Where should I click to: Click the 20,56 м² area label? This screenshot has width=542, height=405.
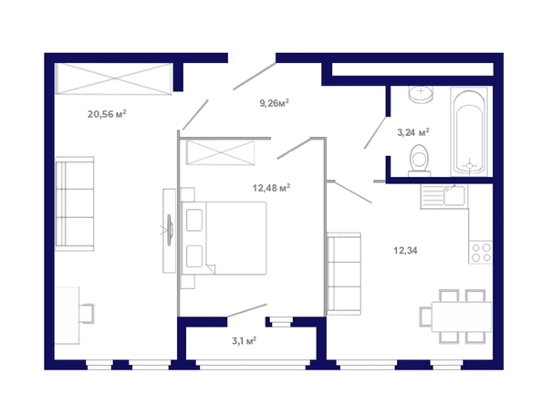click(107, 114)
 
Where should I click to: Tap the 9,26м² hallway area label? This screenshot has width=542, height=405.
click(274, 103)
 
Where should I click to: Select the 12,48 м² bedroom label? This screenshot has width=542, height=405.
click(271, 188)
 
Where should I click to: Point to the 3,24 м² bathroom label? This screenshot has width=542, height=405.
click(413, 132)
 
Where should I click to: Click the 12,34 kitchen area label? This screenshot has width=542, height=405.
click(405, 250)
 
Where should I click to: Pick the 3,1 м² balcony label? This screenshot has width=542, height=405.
click(244, 341)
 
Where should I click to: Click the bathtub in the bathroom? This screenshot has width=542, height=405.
click(469, 131)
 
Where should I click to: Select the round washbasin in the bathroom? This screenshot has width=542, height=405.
click(421, 93)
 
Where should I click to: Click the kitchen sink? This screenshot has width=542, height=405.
click(454, 196)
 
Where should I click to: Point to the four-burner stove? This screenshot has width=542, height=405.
click(481, 253)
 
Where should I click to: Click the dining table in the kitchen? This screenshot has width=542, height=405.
click(462, 317)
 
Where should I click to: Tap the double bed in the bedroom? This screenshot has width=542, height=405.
click(224, 238)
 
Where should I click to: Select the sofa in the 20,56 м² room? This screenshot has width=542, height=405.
click(75, 203)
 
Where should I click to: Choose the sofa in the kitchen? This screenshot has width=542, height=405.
click(344, 274)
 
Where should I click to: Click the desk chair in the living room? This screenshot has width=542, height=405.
click(87, 314)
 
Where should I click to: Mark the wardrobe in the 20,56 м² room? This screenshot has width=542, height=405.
click(114, 78)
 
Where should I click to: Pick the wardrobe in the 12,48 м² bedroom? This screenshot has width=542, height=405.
click(220, 152)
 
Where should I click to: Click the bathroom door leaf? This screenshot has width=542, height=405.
click(375, 133)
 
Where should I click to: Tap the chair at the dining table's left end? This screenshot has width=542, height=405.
click(426, 317)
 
